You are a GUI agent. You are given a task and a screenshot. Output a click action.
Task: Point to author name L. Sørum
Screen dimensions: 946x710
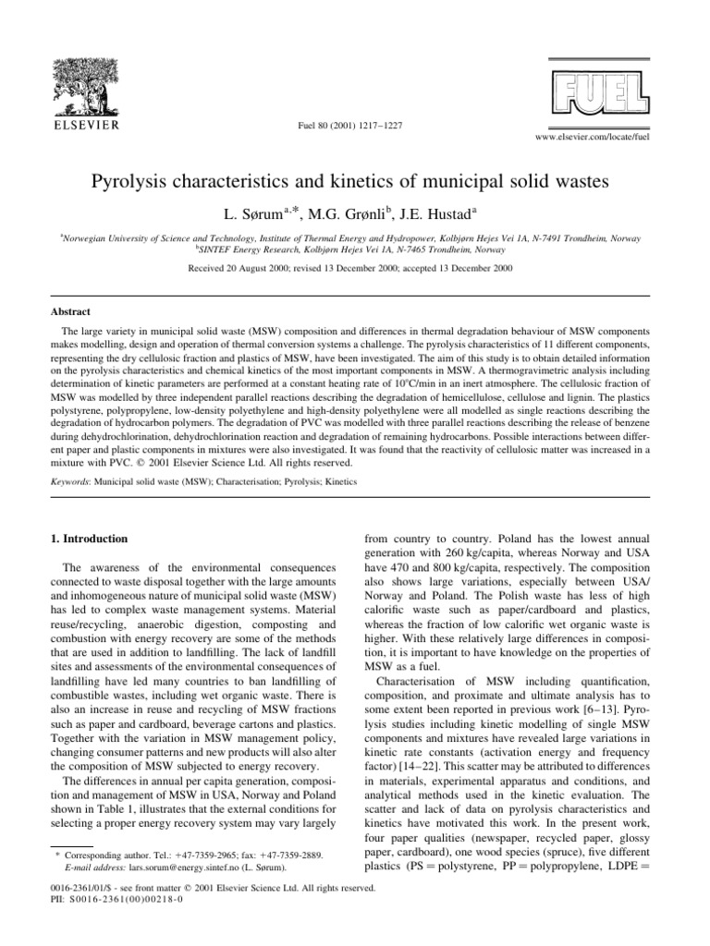[260, 212]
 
